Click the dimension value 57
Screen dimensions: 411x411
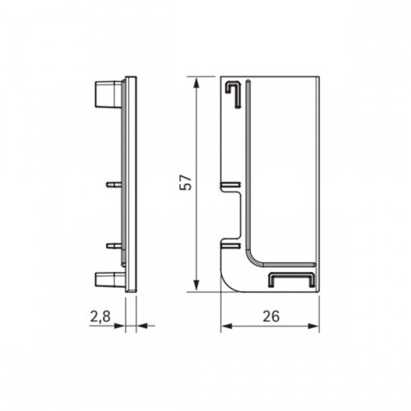tap(186, 182)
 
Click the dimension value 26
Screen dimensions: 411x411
tap(271, 316)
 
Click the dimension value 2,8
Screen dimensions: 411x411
tap(100, 316)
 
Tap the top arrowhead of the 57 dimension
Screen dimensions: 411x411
tap(196, 82)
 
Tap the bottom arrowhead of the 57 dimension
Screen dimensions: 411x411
tap(196, 286)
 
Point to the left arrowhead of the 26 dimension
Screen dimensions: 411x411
tap(226, 326)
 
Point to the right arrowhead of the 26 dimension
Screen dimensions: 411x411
tap(313, 326)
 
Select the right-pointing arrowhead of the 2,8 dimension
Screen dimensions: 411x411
tap(119, 326)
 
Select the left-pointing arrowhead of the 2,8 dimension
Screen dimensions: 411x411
tap(141, 326)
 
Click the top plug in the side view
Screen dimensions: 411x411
tap(109, 94)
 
